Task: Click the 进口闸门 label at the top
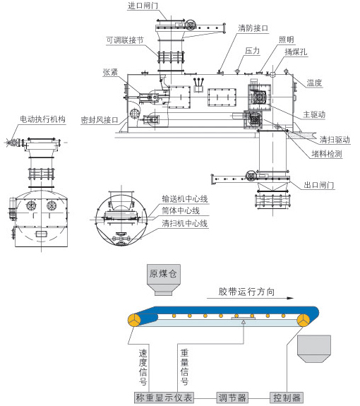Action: (143, 6)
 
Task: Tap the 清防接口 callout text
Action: (253, 28)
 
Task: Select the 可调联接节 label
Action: (125, 40)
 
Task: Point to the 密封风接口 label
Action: (100, 120)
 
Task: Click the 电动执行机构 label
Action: (42, 119)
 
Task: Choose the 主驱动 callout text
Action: (314, 114)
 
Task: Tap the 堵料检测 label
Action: (327, 154)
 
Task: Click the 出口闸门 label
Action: (319, 185)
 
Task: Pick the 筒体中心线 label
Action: (181, 211)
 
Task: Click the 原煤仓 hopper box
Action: (164, 280)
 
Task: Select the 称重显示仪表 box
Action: (164, 398)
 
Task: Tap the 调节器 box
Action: (232, 398)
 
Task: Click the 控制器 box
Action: (287, 398)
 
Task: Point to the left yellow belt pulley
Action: (134, 320)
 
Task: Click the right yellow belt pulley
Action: (304, 320)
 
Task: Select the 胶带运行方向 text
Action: (246, 292)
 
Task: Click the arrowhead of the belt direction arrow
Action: (290, 298)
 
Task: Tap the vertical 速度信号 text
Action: (143, 367)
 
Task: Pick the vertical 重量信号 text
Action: (184, 367)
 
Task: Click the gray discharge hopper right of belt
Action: (314, 349)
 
